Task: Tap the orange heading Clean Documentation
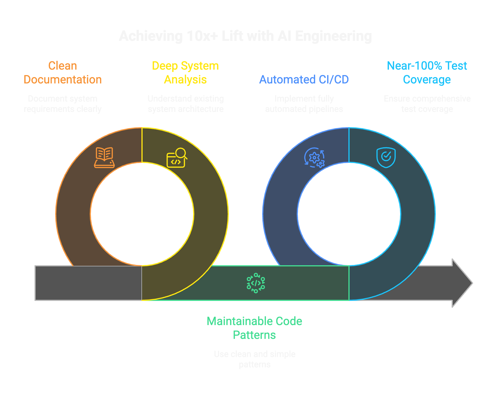point(63,73)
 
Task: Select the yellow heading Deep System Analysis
point(185,73)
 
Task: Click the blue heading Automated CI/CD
point(304,80)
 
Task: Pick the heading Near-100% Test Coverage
point(427,73)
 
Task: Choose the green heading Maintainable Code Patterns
point(254,328)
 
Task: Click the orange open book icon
point(104,157)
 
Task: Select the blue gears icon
point(314,158)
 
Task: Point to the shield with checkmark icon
point(386,157)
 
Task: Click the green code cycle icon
point(256,283)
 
